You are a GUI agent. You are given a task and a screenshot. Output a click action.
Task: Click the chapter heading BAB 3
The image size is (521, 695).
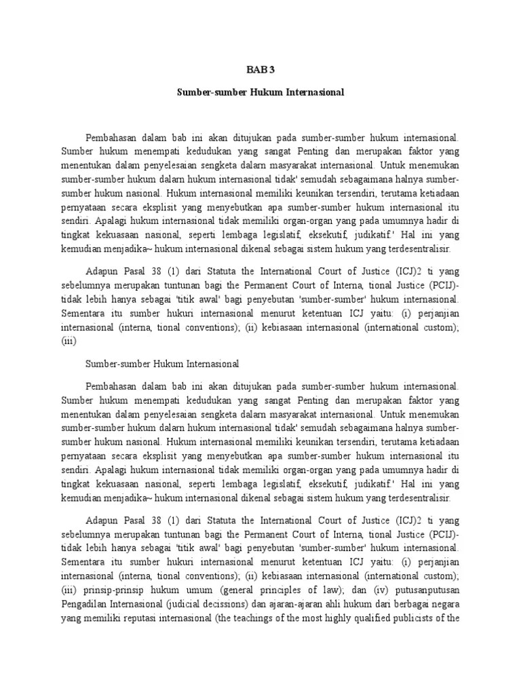coord(260,69)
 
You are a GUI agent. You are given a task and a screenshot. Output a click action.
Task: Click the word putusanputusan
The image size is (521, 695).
coord(427,589)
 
